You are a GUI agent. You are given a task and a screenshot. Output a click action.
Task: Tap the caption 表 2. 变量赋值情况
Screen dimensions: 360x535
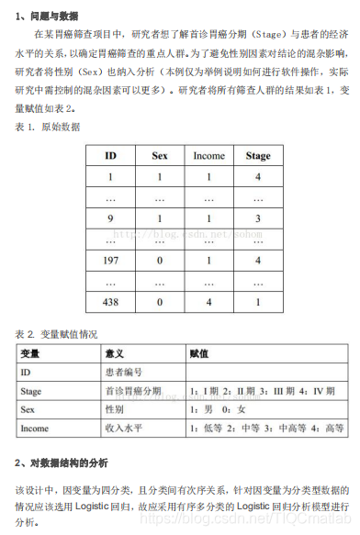click(56, 334)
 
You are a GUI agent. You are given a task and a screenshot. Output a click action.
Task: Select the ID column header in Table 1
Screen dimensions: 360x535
click(110, 155)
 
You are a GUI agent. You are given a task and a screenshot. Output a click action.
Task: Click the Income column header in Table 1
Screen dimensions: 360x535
click(208, 155)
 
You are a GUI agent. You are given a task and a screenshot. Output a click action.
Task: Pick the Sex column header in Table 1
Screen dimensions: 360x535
click(160, 155)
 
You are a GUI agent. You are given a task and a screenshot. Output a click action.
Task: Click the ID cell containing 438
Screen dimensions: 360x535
click(110, 301)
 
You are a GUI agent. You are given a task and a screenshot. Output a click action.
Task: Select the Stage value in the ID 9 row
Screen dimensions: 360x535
click(258, 218)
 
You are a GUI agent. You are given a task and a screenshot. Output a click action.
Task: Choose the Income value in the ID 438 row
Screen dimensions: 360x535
click(208, 301)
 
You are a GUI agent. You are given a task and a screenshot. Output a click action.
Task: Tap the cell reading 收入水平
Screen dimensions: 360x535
click(124, 428)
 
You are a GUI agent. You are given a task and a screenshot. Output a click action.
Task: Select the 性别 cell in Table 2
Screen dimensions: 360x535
click(115, 409)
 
